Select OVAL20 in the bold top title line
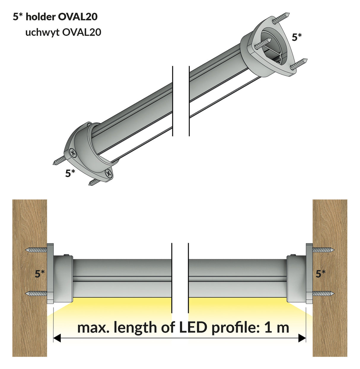[78, 17]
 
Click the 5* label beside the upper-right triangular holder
[297, 37]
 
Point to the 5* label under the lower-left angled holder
[70, 173]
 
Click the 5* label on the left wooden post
[40, 274]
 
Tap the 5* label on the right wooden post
[321, 274]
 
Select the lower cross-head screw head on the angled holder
[109, 174]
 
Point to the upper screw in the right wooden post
[324, 250]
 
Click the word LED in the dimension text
[193, 328]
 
